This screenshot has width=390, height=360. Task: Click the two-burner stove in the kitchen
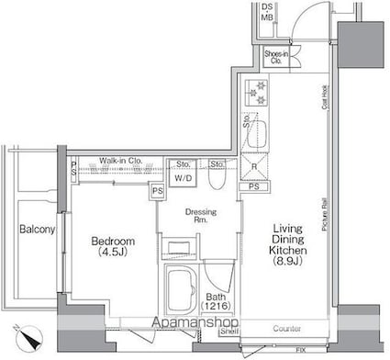254,90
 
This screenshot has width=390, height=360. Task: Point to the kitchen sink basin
255,128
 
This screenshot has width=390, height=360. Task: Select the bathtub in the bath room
181,292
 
